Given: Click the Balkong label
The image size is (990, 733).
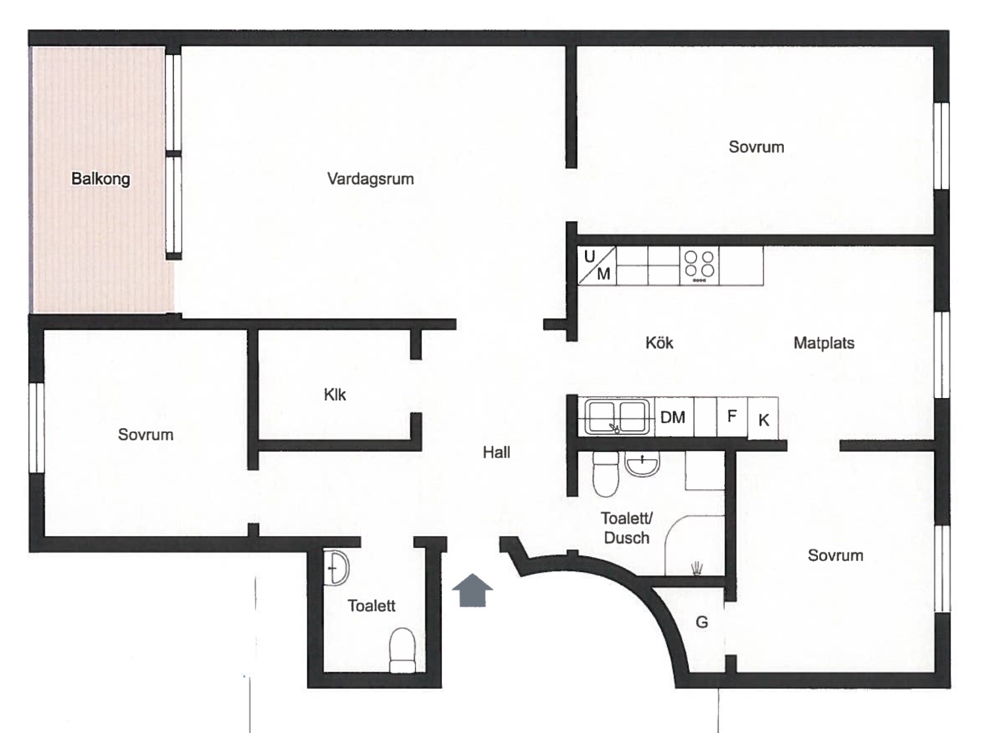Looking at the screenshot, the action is click(100, 179).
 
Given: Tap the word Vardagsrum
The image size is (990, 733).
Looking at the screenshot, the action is click(370, 179).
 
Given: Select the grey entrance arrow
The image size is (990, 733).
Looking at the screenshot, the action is click(472, 590).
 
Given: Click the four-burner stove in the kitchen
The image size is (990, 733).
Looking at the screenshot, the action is click(699, 265).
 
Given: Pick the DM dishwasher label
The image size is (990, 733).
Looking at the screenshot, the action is click(672, 418).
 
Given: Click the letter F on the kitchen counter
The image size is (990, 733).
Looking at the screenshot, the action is click(731, 416).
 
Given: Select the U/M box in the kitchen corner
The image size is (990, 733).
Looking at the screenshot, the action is click(597, 265).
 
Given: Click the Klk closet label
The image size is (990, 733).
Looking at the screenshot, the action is click(335, 395).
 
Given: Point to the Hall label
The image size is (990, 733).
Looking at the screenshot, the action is click(496, 453).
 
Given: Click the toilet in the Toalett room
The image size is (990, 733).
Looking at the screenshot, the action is click(402, 650).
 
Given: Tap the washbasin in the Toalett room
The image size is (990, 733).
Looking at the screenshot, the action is click(336, 568).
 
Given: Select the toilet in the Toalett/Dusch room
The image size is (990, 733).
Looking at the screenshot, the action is click(606, 474).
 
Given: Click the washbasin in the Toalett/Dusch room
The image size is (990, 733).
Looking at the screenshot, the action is click(642, 464).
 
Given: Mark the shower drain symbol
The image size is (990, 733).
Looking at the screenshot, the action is click(697, 569).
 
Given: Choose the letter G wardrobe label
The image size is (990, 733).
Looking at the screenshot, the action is click(702, 622).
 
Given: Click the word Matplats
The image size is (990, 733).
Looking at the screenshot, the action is click(824, 343).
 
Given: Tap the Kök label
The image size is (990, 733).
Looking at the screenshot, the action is click(659, 343).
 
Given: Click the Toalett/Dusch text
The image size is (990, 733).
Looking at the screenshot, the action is click(627, 528).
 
